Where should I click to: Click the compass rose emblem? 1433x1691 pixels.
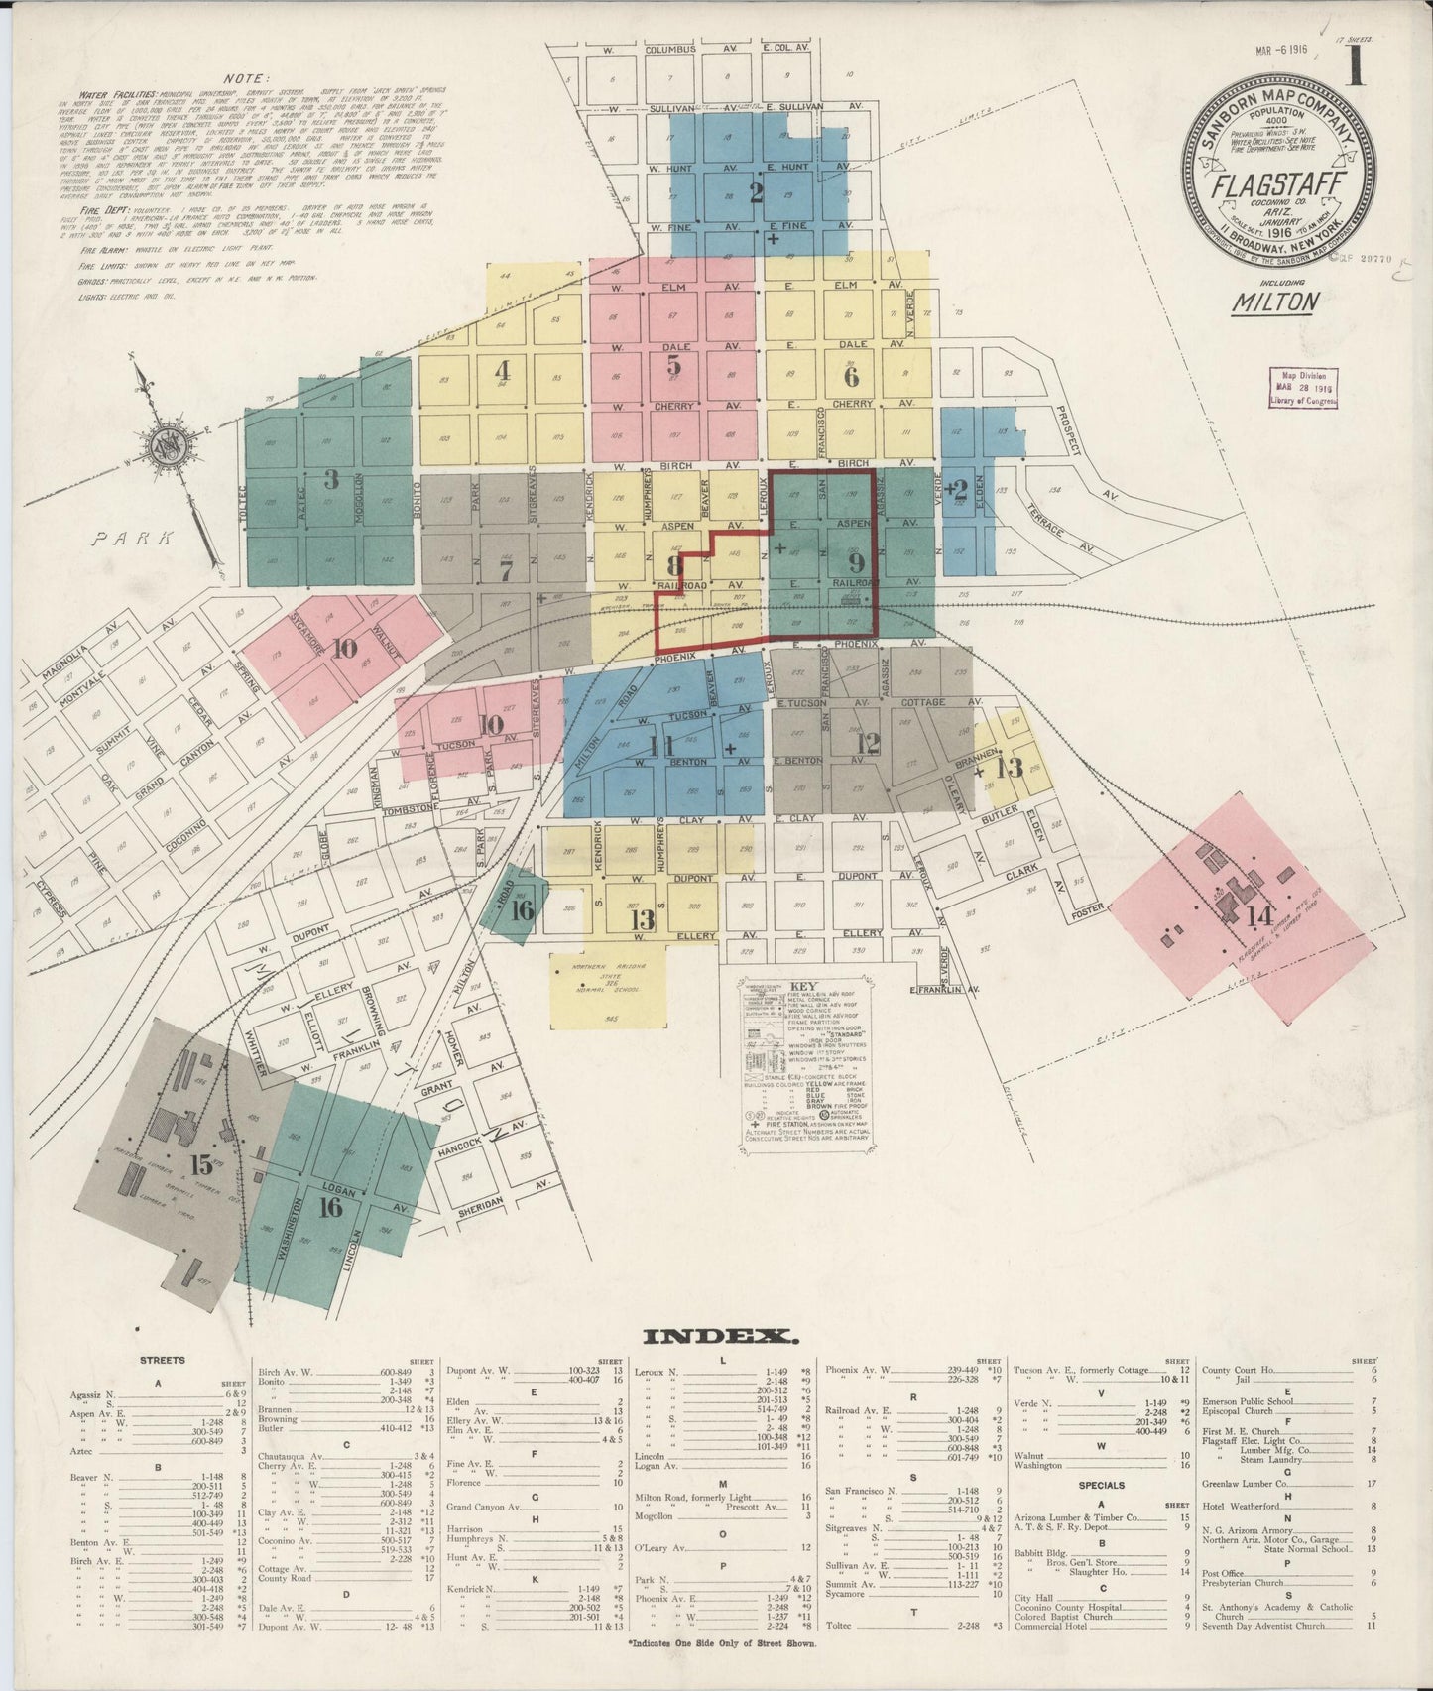[162, 447]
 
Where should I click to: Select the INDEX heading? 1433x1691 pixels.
[721, 1335]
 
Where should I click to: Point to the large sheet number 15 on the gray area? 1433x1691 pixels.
[202, 1163]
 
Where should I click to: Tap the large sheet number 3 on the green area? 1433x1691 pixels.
[331, 479]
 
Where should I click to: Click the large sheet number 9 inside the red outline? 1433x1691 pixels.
[858, 561]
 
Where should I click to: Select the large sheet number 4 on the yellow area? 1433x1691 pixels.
[502, 371]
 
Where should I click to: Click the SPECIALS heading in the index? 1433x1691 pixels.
[1101, 1485]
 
